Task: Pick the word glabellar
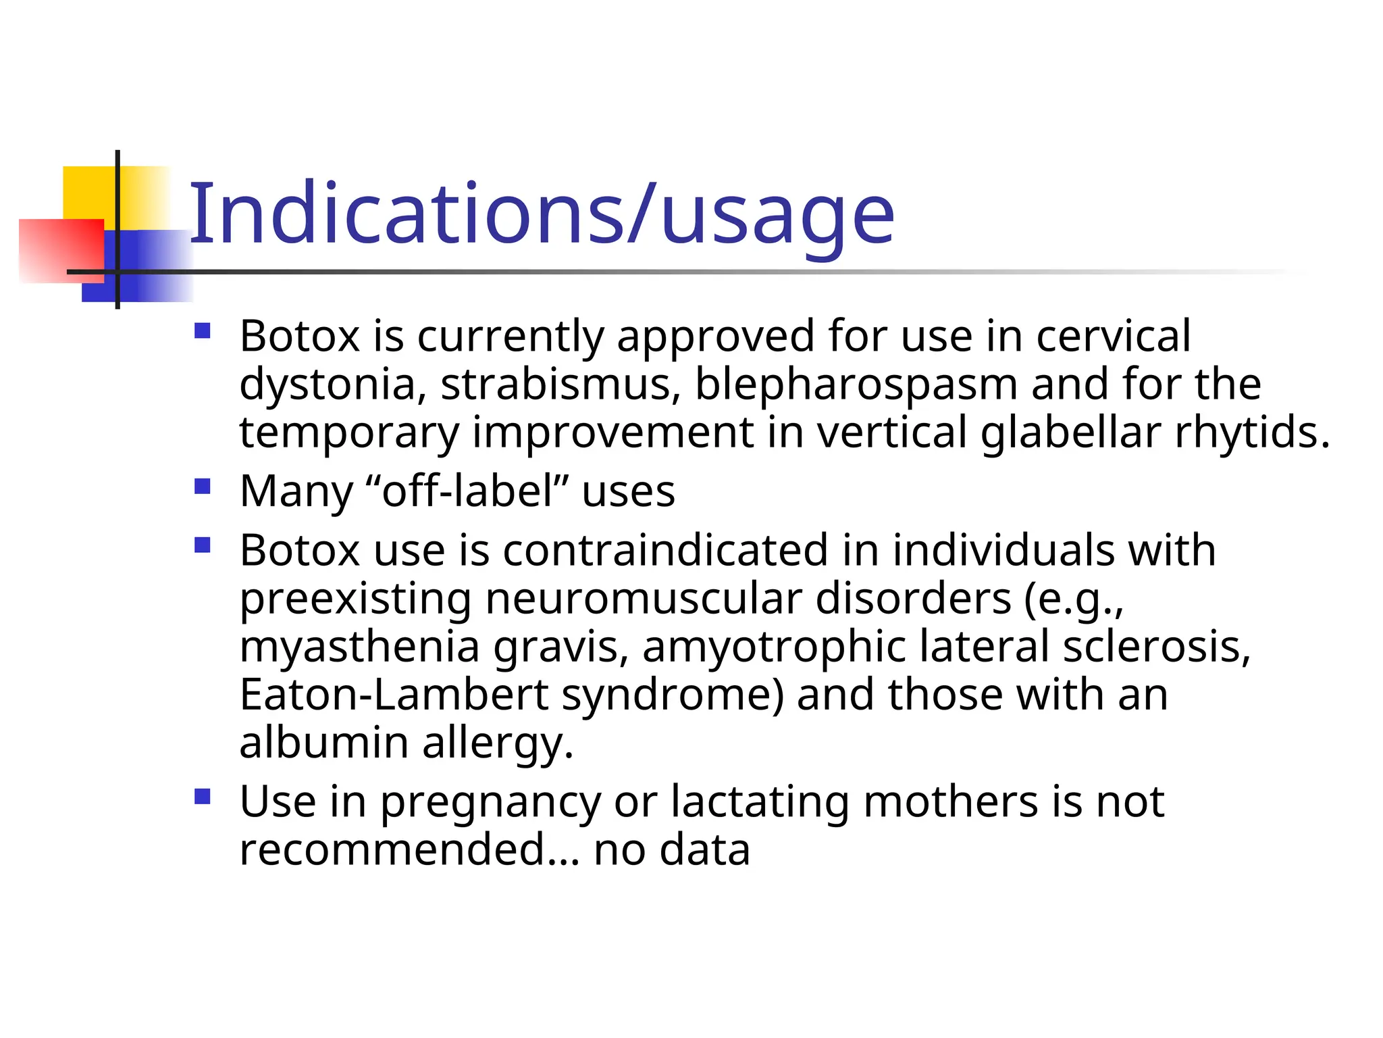tap(1070, 432)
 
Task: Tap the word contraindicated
tap(665, 550)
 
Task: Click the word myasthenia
tap(359, 647)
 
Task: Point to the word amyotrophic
tap(774, 647)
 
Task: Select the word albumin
tap(324, 743)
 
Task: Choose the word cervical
tap(1114, 336)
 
